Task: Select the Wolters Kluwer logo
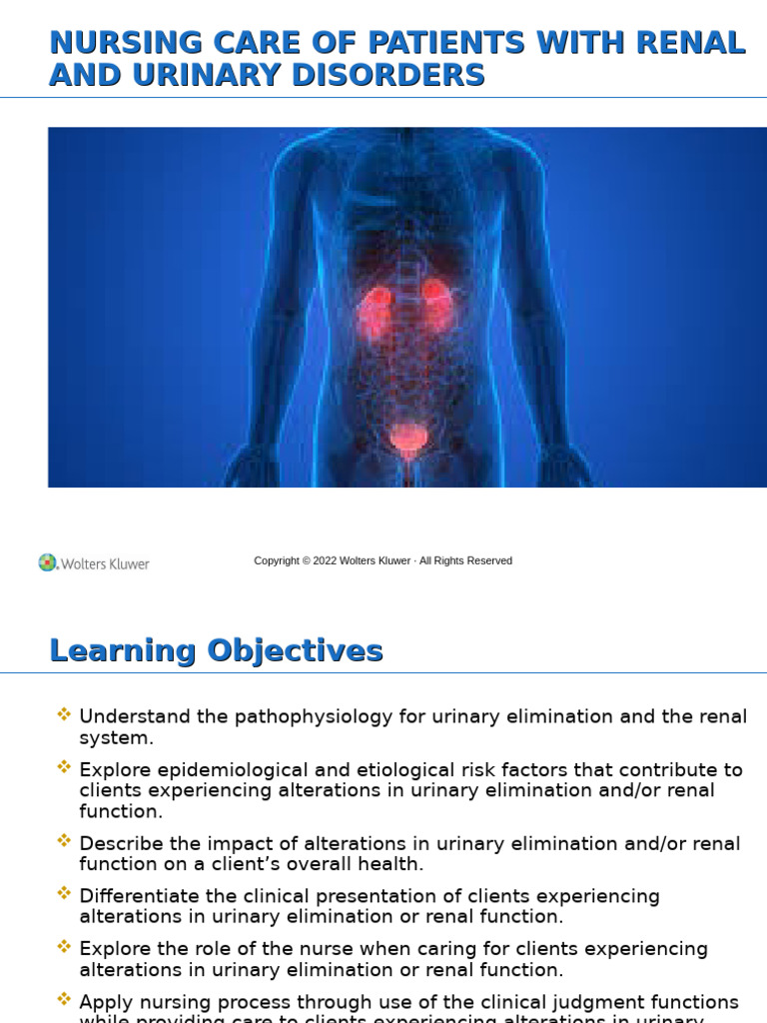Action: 94,563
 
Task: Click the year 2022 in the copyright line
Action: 325,561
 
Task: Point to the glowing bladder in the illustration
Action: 406,439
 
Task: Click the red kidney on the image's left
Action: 377,309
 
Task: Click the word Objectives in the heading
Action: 295,650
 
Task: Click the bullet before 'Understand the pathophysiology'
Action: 65,714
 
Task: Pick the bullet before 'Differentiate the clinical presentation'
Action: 65,894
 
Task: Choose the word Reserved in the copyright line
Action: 489,561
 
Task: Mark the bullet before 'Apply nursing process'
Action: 65,999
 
